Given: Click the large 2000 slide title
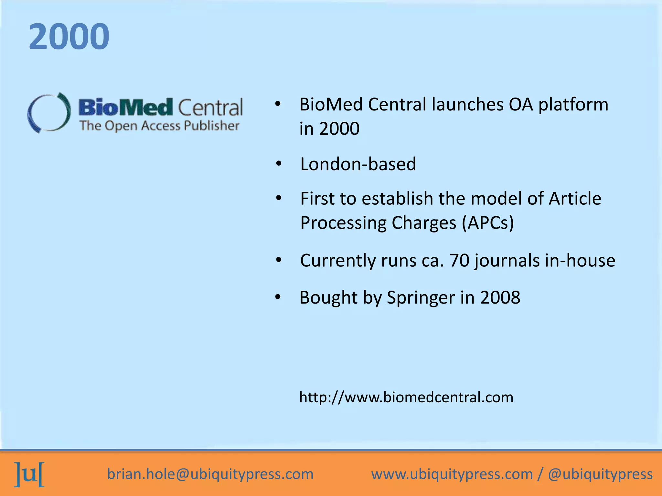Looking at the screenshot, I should tap(69, 36).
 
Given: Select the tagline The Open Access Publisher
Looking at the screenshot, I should tap(159, 126).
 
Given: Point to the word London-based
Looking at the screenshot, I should tap(358, 164).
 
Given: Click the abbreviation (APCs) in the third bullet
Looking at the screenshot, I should tap(488, 223).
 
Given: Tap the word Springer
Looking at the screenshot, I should tap(421, 297).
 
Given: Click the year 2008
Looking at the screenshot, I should tap(500, 297).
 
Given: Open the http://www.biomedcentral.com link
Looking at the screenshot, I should tap(406, 397).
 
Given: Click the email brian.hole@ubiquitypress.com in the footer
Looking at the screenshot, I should tap(210, 474).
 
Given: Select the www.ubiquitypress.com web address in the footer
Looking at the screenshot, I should tap(452, 474).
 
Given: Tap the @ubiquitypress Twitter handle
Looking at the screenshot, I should tap(600, 474).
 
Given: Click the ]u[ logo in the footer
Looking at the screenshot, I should tap(29, 474).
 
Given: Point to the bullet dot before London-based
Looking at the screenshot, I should tap(279, 164).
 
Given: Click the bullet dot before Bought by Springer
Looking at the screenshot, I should tap(278, 297).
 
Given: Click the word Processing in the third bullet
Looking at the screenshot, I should tap(343, 223).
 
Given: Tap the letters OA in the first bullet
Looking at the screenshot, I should tap(521, 105).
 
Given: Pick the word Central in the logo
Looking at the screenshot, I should tap(210, 108).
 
